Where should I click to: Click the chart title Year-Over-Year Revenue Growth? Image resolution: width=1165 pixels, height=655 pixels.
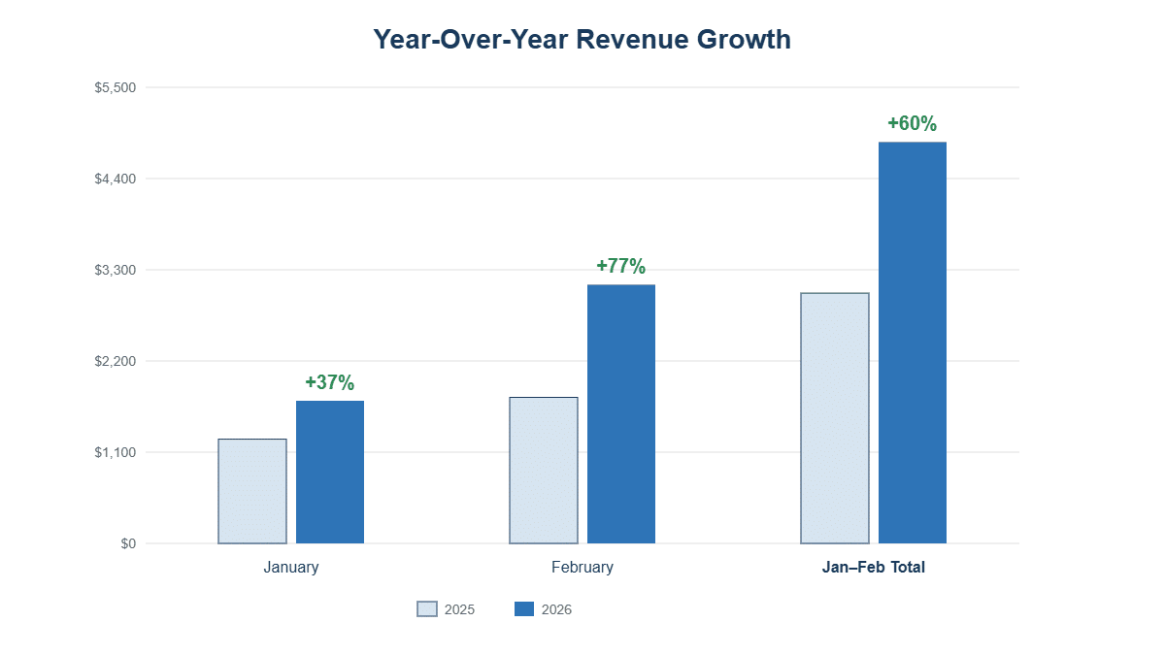(582, 40)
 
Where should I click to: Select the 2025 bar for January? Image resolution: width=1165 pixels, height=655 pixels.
(252, 491)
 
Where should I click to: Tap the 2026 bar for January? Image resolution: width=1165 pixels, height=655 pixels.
(330, 472)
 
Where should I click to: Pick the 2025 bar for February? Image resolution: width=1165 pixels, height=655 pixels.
(544, 470)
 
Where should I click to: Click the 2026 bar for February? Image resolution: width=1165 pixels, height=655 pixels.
(621, 413)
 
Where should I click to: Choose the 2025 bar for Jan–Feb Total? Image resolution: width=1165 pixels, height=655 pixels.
(835, 418)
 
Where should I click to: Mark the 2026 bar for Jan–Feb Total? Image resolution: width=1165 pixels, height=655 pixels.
(913, 343)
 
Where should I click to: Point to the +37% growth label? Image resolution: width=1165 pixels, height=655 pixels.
(330, 382)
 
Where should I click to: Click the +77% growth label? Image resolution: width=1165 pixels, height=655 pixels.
(621, 266)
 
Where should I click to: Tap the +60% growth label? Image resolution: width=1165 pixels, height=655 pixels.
(913, 123)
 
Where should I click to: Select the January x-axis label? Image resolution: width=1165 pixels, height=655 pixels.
(291, 568)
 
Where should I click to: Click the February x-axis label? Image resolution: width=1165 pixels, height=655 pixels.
(582, 568)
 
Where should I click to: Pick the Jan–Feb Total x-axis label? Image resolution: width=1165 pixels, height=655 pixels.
(874, 568)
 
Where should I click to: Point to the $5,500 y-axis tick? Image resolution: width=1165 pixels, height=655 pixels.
(115, 87)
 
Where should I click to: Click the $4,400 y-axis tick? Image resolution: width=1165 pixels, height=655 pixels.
(115, 179)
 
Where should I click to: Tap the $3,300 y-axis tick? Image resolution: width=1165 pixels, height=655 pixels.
(115, 270)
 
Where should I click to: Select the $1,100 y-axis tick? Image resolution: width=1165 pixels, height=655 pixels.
(115, 452)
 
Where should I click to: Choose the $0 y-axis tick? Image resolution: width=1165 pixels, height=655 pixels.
(128, 543)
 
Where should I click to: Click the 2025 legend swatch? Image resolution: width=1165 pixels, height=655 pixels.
(427, 609)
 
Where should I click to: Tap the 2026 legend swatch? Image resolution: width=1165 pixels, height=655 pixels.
(524, 609)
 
